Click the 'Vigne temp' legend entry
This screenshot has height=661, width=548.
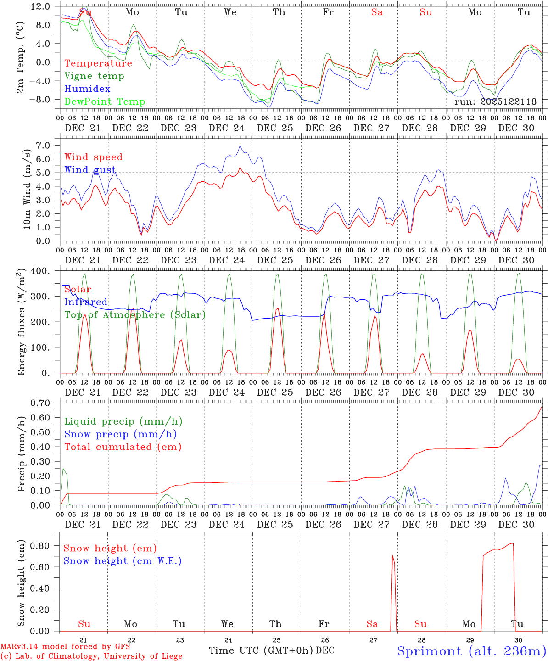click(x=94, y=76)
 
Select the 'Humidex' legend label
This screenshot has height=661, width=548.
click(x=87, y=89)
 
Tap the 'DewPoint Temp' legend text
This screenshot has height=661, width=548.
click(x=105, y=102)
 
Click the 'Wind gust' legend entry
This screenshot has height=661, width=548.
click(x=90, y=170)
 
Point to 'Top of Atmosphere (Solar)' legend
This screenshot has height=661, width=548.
click(x=135, y=315)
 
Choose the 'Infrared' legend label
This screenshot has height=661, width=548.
click(x=86, y=302)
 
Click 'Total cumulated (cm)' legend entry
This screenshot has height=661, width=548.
click(x=123, y=447)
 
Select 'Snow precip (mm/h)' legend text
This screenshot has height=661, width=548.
click(x=120, y=434)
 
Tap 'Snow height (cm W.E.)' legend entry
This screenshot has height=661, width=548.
click(x=123, y=561)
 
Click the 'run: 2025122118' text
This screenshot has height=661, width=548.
click(x=495, y=102)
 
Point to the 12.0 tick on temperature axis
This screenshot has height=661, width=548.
click(x=41, y=6)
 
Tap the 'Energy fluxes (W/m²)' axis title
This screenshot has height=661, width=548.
click(x=21, y=323)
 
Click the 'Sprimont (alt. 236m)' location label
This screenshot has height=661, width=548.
click(x=471, y=651)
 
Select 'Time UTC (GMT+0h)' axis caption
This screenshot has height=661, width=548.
click(x=261, y=650)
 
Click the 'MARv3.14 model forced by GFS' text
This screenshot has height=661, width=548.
click(x=65, y=646)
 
